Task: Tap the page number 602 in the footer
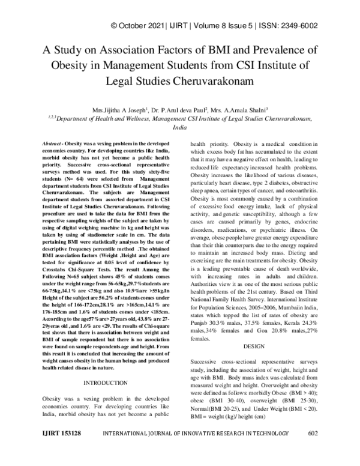point(312,449)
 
